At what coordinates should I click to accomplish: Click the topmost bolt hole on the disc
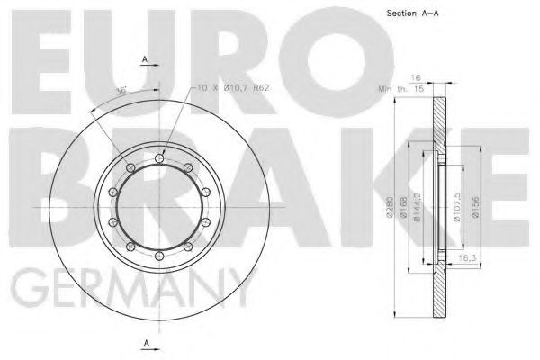(160, 158)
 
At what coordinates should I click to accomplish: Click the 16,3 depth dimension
(465, 257)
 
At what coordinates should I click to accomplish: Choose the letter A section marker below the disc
(145, 343)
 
